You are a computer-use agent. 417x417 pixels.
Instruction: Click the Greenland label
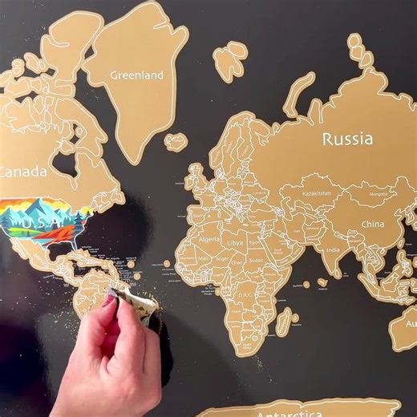136,75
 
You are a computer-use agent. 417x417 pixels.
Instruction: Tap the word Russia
347,139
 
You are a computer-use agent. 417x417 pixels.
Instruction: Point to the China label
372,225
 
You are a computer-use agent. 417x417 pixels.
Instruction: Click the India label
332,250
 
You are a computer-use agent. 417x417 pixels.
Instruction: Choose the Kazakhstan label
317,194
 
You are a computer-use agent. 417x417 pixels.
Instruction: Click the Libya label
236,242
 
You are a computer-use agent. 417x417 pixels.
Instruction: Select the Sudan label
256,261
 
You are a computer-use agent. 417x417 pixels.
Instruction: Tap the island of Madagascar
282,322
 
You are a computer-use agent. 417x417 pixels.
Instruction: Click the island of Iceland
176,142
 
